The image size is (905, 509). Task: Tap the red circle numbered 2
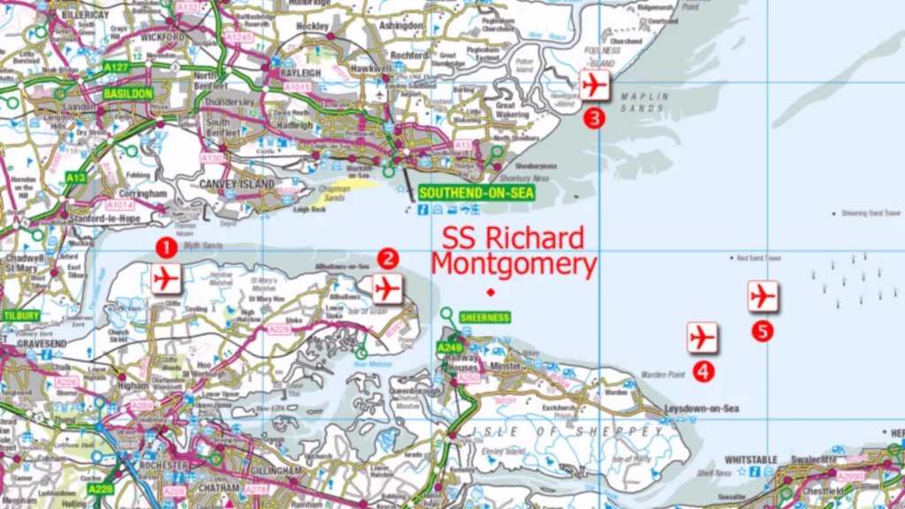pos(388,258)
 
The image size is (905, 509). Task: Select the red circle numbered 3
pos(596,118)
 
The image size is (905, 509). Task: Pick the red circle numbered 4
pos(703,371)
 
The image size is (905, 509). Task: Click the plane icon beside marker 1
pos(165,278)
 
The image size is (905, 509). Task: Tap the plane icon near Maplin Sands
pos(595,85)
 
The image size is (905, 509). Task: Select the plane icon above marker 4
pos(702,337)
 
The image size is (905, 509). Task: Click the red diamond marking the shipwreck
pos(491,292)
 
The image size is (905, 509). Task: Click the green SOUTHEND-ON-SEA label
pos(464,193)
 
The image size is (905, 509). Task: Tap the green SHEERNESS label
pos(485,317)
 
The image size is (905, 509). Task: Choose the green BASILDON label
pos(128,93)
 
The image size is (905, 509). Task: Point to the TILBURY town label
pos(20,315)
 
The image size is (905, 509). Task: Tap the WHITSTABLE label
pos(750,460)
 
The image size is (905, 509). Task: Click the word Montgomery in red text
pos(513,264)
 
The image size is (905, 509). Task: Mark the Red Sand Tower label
pos(759,258)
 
